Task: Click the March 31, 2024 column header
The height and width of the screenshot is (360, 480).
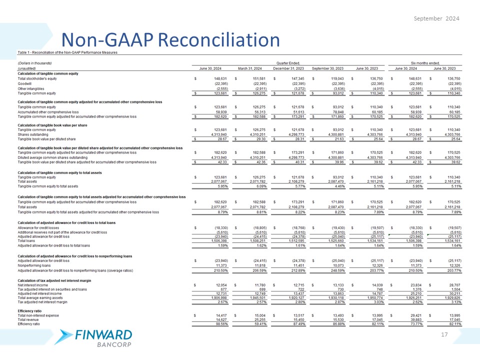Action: pyautogui.click(x=251, y=69)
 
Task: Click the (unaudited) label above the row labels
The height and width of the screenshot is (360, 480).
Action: pyautogui.click(x=28, y=69)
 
